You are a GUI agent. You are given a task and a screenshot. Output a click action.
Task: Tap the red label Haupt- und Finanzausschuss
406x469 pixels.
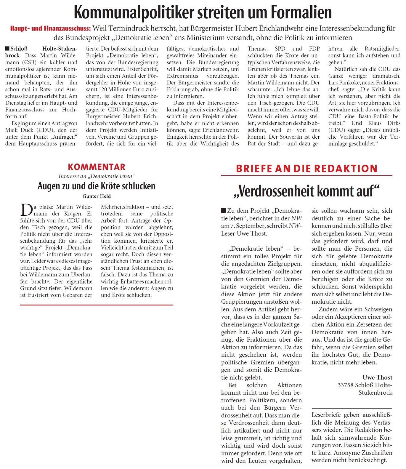pos(50,28)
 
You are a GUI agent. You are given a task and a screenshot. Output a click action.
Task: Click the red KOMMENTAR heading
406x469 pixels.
pos(97,167)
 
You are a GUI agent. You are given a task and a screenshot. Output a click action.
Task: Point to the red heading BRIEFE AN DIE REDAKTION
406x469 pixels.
pos(306,169)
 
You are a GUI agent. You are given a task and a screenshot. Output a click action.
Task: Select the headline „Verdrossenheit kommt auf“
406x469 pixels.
pos(306,191)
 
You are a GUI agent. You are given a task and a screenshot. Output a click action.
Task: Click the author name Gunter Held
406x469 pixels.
pos(97,196)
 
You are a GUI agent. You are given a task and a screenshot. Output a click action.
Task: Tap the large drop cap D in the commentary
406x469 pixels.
pos(26,210)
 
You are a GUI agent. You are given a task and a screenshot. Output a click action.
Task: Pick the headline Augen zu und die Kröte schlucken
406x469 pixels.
pos(97,186)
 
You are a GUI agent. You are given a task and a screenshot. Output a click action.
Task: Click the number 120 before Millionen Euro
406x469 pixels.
pos(103,89)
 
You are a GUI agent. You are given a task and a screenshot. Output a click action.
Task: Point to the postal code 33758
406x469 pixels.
pos(345,385)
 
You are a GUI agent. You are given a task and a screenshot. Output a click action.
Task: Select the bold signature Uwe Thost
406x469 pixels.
pos(377,377)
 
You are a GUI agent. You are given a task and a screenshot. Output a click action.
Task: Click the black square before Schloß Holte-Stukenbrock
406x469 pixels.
pos(7,49)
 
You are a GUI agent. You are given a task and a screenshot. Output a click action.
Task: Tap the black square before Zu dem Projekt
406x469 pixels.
pos(224,211)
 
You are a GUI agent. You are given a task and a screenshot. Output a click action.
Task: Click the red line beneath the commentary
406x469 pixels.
pos(97,305)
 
